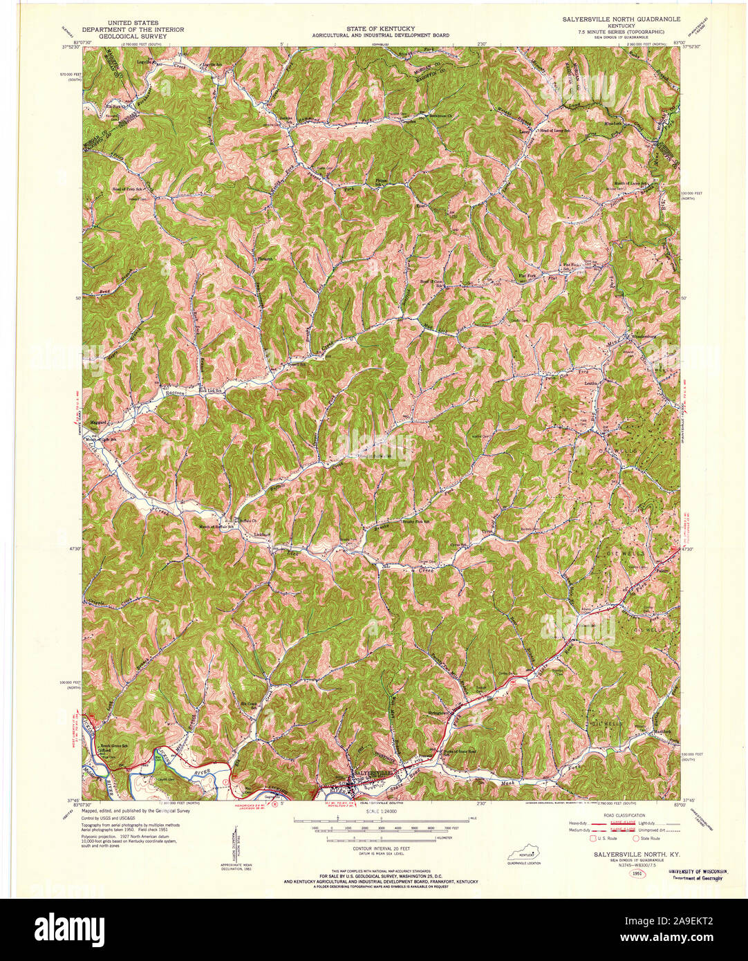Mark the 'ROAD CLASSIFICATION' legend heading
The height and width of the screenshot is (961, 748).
621,816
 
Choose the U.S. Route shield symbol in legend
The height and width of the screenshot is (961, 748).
593,839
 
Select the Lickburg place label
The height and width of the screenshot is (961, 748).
260,534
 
